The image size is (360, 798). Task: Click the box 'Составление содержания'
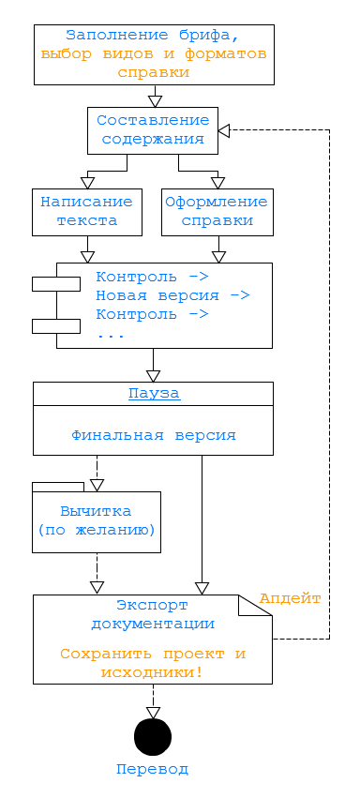(x=152, y=130)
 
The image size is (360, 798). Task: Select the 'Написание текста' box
(x=87, y=211)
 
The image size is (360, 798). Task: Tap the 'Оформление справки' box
(x=217, y=211)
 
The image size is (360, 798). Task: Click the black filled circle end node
(x=153, y=737)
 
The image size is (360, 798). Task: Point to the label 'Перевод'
(x=153, y=769)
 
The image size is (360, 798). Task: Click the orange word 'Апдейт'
(x=291, y=598)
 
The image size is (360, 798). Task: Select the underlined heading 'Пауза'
(x=154, y=394)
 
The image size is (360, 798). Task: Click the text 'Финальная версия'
(x=154, y=435)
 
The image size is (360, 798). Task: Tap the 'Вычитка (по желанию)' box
(x=97, y=521)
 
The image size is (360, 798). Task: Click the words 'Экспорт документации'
(x=153, y=614)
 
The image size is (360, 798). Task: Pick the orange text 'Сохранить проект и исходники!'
(x=153, y=662)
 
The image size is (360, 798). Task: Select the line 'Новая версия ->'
(x=172, y=295)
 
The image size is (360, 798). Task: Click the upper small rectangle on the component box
(x=55, y=284)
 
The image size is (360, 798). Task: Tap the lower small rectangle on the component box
(x=55, y=325)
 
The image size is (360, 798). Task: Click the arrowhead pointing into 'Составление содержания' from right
(x=224, y=130)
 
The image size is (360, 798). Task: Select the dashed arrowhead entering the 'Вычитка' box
(x=97, y=485)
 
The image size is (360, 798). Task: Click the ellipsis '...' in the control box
(x=111, y=335)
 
